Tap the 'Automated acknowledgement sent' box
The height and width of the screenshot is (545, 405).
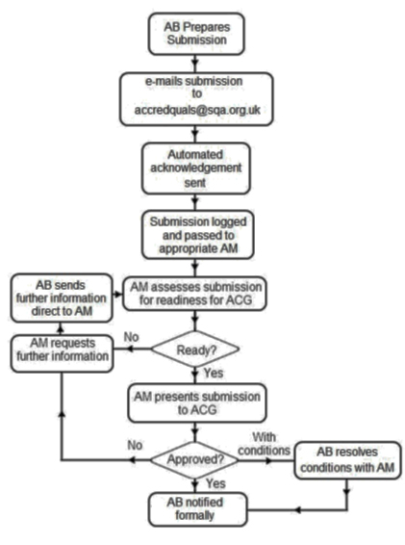pyautogui.click(x=201, y=170)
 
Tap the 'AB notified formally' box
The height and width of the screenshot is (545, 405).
pyautogui.click(x=201, y=508)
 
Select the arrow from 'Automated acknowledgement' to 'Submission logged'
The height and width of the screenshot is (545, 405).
pyautogui.click(x=201, y=203)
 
